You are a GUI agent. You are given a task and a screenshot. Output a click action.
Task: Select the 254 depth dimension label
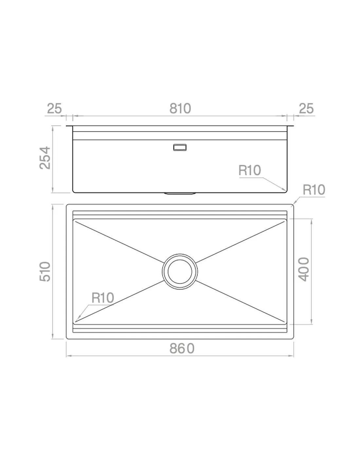click(x=45, y=158)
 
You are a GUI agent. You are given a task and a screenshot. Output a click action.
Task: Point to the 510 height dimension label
click(x=45, y=271)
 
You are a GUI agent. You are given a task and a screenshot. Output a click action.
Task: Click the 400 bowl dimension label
click(x=304, y=269)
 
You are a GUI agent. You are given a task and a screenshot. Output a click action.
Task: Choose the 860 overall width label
click(x=182, y=349)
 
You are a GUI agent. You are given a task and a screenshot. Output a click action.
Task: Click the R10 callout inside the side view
click(x=250, y=170)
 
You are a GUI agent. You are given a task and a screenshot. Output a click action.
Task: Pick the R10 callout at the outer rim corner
click(x=314, y=190)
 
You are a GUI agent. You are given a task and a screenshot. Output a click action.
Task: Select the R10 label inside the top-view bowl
click(x=102, y=298)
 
